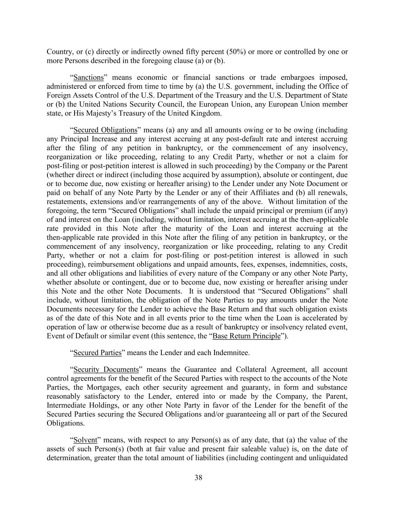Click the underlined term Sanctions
click(x=88, y=78)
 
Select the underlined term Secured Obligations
click(x=105, y=130)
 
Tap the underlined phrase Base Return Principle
click(x=246, y=336)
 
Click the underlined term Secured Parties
click(x=97, y=353)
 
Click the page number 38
click(x=198, y=478)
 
